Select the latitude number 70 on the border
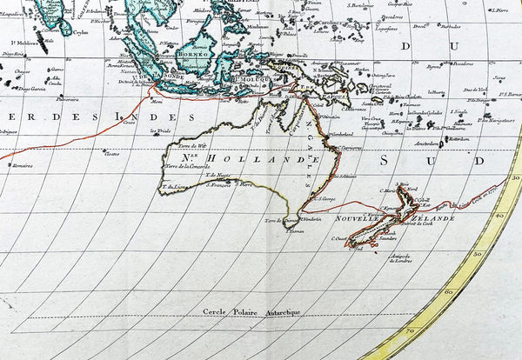tap(409, 331)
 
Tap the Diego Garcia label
tap(32, 89)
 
